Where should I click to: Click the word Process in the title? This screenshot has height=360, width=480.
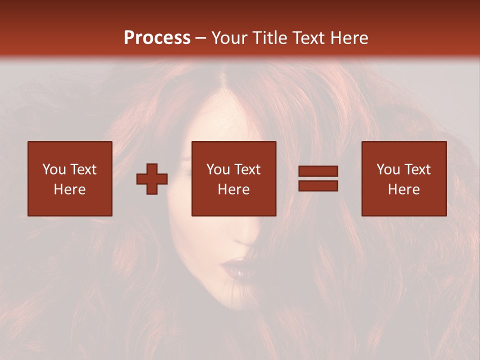pyautogui.click(x=157, y=38)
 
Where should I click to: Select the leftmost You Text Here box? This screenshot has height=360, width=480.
pyautogui.click(x=70, y=178)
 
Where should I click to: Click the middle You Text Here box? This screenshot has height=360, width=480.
pyautogui.click(x=233, y=178)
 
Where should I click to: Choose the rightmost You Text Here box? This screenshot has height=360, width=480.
pyautogui.click(x=404, y=178)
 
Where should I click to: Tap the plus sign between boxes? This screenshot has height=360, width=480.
pyautogui.click(x=152, y=179)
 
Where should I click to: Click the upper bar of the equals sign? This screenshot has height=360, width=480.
pyautogui.click(x=318, y=171)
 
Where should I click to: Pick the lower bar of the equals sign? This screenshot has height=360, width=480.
pyautogui.click(x=318, y=186)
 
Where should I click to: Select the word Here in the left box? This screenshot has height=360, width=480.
pyautogui.click(x=70, y=189)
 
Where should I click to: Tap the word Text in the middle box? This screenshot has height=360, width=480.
pyautogui.click(x=247, y=169)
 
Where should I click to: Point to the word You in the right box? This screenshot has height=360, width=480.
pyautogui.click(x=387, y=169)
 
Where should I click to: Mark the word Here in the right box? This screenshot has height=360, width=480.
pyautogui.click(x=404, y=189)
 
